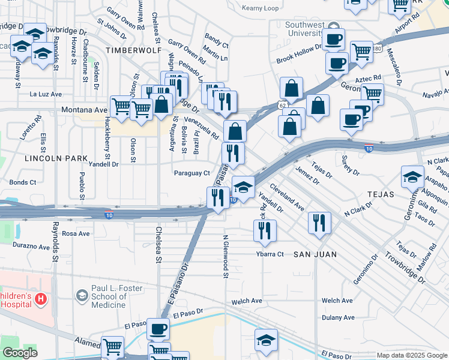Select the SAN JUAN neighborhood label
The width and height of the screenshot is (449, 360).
[x=315, y=254]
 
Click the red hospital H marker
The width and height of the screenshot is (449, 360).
[x=40, y=299]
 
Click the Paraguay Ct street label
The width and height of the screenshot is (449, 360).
[x=191, y=173]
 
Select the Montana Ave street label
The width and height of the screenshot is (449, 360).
[x=84, y=110]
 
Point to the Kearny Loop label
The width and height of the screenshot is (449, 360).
[x=261, y=8]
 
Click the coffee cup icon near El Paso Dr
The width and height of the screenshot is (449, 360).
[x=158, y=329]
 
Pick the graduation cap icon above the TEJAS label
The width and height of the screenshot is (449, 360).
[x=413, y=176]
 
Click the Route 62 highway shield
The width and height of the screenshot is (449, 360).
[x=282, y=105]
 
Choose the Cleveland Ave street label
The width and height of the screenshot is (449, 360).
[x=286, y=196]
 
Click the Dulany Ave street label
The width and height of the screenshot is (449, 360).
[x=338, y=318]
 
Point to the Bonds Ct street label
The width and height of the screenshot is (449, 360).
[x=23, y=182]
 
